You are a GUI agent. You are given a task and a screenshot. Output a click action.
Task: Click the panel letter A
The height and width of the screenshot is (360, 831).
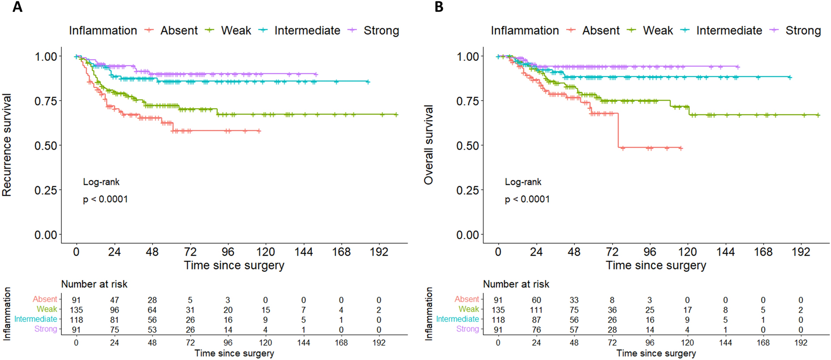point(17,7)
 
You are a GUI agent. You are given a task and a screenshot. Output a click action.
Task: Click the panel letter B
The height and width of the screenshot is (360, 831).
point(439,7)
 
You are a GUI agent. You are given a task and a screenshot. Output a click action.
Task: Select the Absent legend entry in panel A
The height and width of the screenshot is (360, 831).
point(179,30)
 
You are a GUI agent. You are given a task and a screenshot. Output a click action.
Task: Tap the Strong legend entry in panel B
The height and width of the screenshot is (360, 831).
point(803,30)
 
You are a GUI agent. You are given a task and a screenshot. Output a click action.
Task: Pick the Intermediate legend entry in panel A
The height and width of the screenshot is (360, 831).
point(307,30)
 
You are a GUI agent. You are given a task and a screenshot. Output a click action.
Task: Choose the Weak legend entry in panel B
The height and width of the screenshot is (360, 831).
point(658,30)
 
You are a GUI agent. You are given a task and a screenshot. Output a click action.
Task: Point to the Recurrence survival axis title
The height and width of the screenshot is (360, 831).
point(7,145)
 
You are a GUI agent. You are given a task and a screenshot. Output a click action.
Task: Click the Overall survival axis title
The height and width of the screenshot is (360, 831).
point(429,145)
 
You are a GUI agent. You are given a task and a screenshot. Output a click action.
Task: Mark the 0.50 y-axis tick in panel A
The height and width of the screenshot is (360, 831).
point(46,146)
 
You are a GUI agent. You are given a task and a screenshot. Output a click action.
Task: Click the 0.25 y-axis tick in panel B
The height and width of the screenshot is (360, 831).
point(468,190)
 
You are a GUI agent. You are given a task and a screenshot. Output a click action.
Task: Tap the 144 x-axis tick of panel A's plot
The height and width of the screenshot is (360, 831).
point(304,252)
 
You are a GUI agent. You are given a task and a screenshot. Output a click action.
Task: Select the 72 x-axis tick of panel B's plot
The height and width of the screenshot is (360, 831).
point(612,252)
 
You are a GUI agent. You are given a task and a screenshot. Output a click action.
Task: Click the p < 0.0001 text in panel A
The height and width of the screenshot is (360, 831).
point(105,199)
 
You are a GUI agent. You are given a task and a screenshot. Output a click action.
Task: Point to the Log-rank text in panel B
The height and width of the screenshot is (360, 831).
point(523,182)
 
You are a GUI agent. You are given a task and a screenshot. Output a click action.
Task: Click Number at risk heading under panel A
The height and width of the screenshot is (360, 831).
point(94,284)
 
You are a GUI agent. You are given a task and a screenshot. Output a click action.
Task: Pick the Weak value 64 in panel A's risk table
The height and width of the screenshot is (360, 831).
point(152,310)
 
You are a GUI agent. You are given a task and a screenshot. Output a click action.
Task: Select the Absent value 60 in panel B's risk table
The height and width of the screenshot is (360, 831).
point(536,300)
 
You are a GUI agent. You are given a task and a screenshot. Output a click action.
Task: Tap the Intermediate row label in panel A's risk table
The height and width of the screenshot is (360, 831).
point(36,319)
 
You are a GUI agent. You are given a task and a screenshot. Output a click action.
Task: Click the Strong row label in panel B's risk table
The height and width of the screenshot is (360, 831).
point(467,329)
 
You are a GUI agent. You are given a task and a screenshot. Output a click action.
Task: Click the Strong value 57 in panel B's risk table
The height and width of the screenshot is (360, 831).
point(574,330)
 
